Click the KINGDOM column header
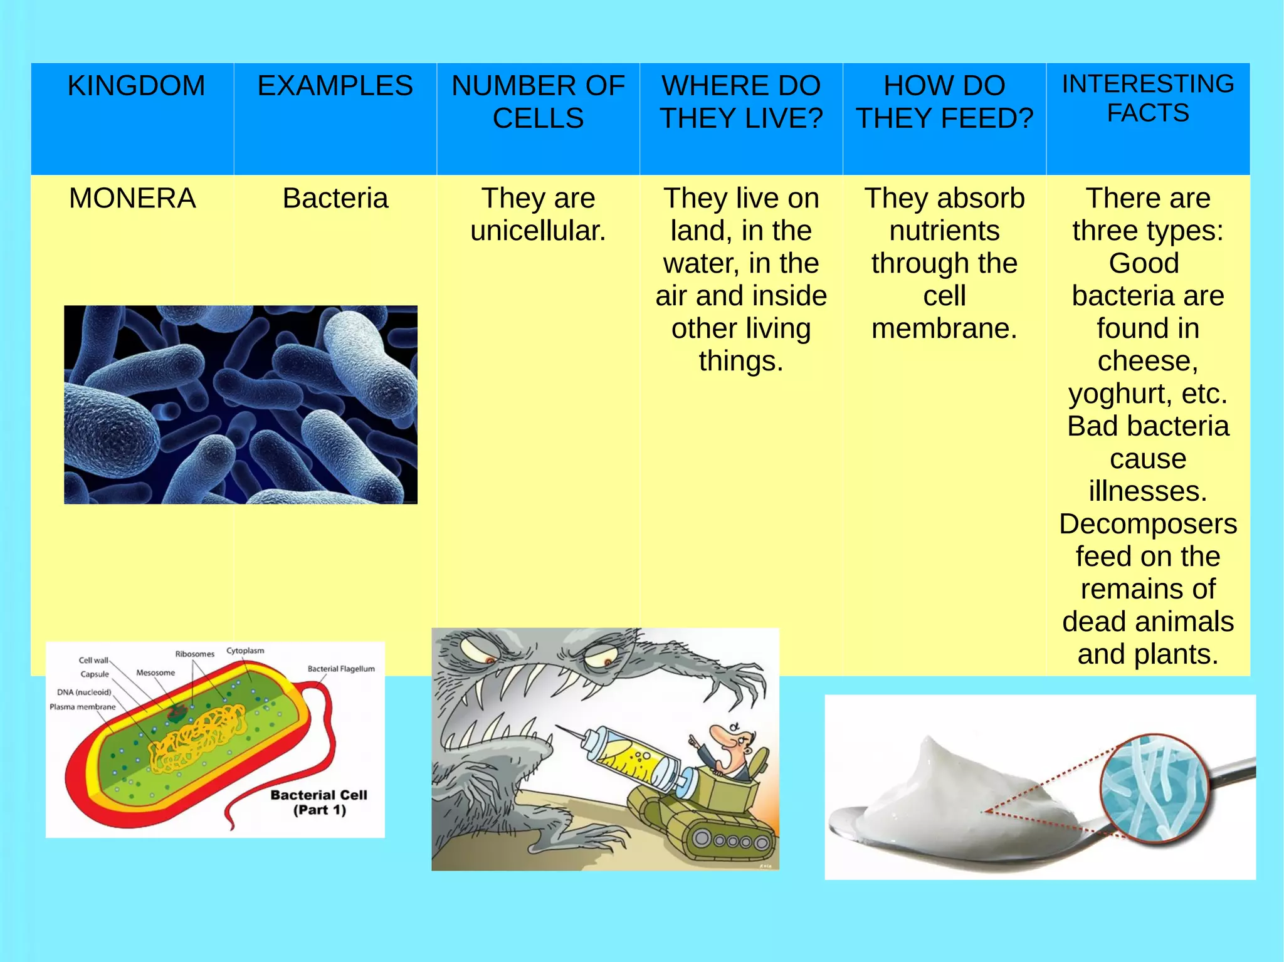(x=136, y=86)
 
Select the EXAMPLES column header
(x=335, y=86)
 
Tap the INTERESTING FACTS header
(x=1147, y=98)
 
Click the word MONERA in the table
(x=132, y=199)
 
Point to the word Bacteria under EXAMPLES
(x=335, y=199)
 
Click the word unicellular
(x=538, y=231)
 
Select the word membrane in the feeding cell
(x=944, y=329)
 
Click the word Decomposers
(x=1147, y=524)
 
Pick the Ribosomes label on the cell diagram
(x=194, y=654)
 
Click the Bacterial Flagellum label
(x=341, y=669)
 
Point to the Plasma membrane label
(x=83, y=707)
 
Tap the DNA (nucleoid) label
(x=84, y=693)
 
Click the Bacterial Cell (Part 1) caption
(x=319, y=802)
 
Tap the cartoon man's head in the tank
(x=730, y=740)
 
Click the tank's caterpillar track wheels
(x=730, y=840)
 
